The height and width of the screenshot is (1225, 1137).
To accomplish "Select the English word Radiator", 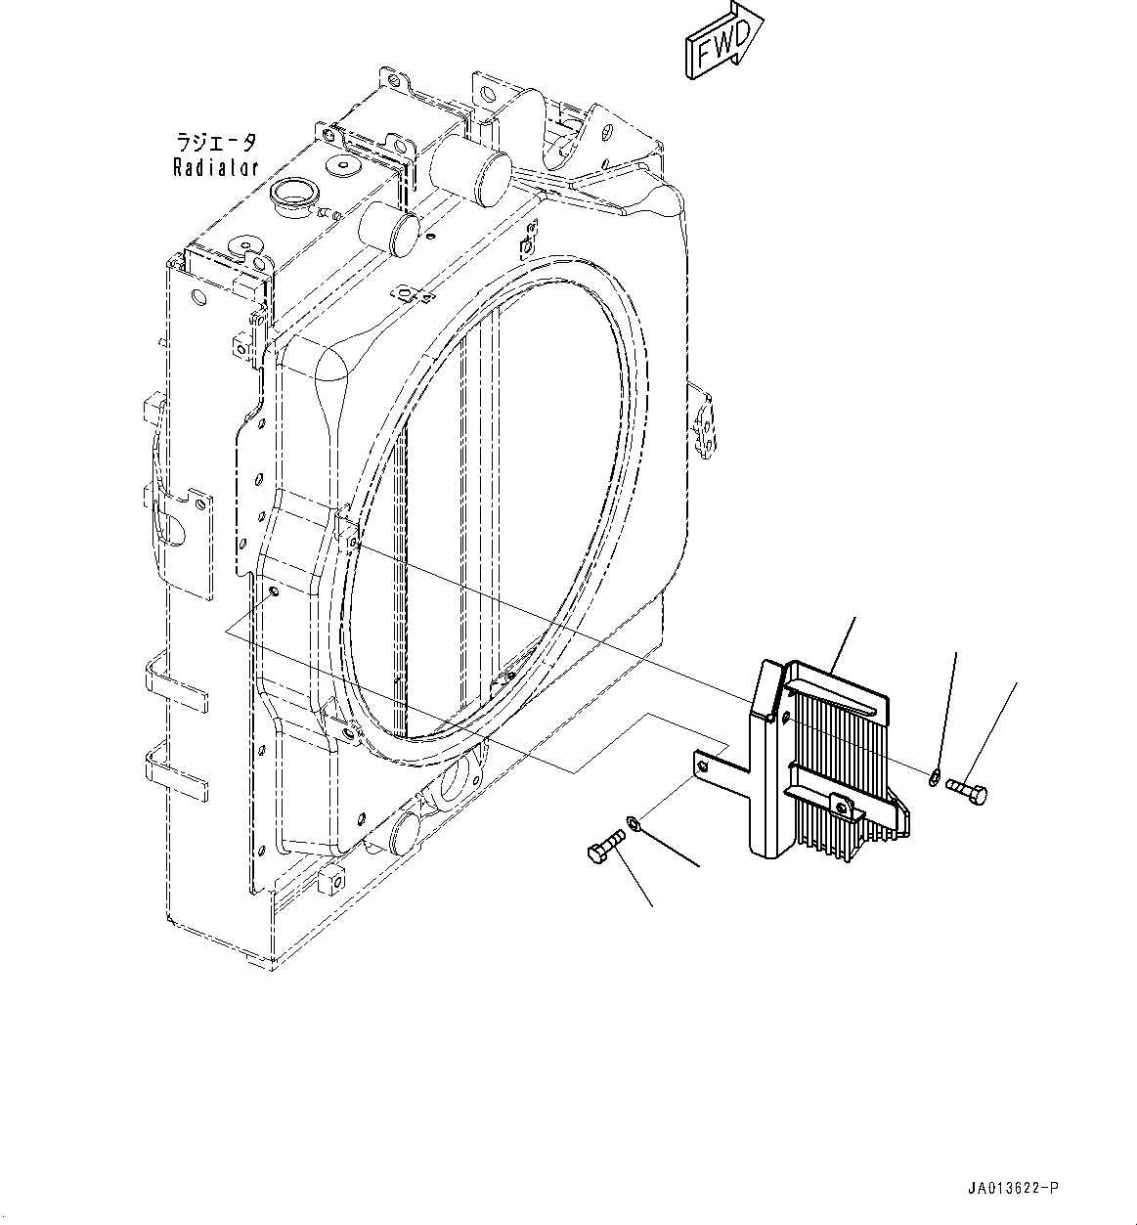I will tap(216, 168).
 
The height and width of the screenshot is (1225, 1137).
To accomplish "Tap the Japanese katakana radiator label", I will tap(216, 142).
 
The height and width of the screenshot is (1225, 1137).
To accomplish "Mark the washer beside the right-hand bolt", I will tap(934, 778).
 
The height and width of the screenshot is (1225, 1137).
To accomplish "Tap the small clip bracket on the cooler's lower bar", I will tap(840, 803).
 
